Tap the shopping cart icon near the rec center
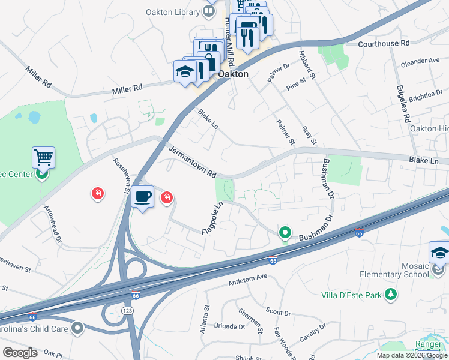43,158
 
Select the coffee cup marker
143,197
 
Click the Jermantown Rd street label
192,161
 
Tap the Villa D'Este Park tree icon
391,294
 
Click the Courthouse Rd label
383,43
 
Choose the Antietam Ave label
247,278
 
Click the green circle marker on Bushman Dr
286,232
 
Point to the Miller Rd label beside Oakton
127,88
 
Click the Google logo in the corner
20,353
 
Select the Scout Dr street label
278,311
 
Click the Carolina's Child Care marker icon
77,328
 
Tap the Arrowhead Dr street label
52,221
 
